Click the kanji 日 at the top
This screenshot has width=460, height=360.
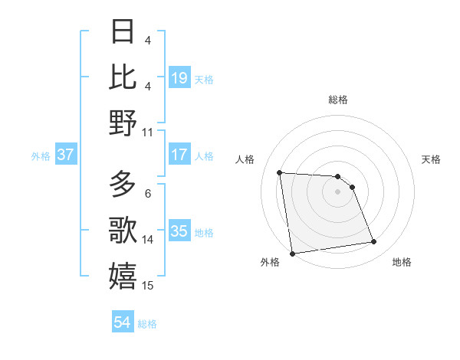(123, 31)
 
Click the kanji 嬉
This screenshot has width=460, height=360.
(123, 277)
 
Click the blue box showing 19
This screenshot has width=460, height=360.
(179, 78)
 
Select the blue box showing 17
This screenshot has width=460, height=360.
(179, 155)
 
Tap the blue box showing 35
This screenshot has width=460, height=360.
(179, 231)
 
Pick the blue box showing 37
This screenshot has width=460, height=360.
(66, 155)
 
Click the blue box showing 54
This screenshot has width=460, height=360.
(122, 322)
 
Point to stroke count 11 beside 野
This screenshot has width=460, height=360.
(148, 132)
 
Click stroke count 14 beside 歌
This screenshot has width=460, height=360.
(148, 239)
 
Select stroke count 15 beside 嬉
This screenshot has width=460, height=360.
(148, 286)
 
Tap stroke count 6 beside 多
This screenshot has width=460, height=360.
(148, 193)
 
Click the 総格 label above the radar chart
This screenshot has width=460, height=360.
(338, 100)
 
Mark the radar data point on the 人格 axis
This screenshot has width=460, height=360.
(280, 172)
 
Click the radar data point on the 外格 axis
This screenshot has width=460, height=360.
(292, 253)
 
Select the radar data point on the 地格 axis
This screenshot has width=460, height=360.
(373, 242)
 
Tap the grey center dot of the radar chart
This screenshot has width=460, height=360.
(338, 191)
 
